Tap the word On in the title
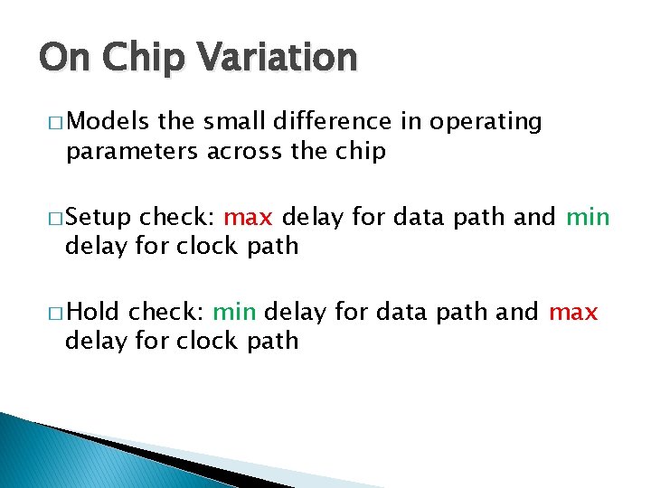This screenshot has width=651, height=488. (62, 57)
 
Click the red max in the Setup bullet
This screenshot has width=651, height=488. (247, 218)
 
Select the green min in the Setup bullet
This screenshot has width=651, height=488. (588, 218)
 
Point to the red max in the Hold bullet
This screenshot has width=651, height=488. (573, 312)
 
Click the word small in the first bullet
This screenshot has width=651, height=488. (222, 121)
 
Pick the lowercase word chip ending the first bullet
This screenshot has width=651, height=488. (363, 152)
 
